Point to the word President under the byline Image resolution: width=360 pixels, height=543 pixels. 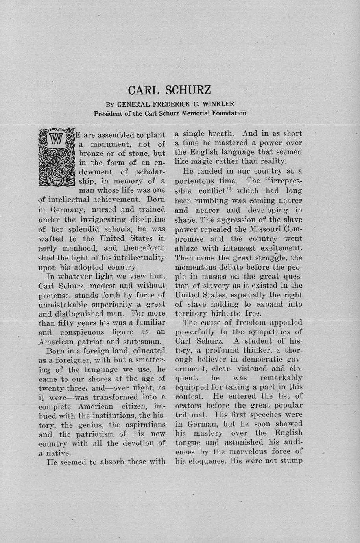pyautogui.click(x=108, y=113)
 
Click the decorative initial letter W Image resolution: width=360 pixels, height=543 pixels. pyautogui.click(x=56, y=140)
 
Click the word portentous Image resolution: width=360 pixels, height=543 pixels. pyautogui.click(x=194, y=181)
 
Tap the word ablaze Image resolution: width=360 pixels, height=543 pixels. pyautogui.click(x=187, y=248)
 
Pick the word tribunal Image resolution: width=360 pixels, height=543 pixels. pyautogui.click(x=191, y=415)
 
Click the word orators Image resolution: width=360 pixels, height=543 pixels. pyautogui.click(x=189, y=405)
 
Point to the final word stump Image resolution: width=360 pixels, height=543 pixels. pyautogui.click(x=290, y=461)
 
